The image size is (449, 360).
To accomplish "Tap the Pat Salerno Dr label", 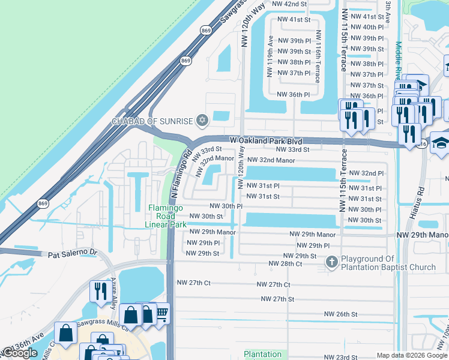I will tap(72, 254).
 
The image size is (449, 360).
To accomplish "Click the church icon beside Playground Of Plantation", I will tap(332, 262).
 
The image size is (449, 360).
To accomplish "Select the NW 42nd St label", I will tap(289, 4).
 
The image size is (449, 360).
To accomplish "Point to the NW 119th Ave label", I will tap(271, 58).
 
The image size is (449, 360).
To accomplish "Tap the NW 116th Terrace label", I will tap(318, 53).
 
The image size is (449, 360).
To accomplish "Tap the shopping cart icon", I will tap(161, 313).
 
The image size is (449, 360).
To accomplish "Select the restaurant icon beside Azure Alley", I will tap(98, 292).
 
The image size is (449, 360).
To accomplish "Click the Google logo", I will tap(19, 353).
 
